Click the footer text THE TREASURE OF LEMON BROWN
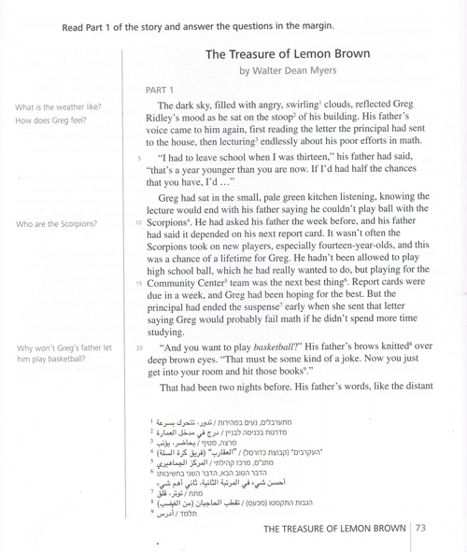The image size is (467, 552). click(x=336, y=529)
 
